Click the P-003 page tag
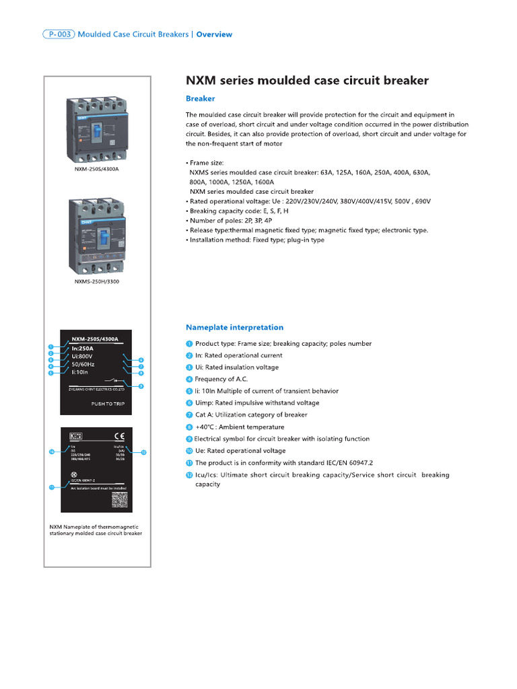pos(58,34)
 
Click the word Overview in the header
pos(214,34)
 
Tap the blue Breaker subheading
pos(200,98)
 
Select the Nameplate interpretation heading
pos(234,327)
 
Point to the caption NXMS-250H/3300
pos(97,283)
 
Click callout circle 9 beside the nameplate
pos(141,386)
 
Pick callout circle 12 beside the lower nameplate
pos(143,452)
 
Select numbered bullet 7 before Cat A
pos(189,414)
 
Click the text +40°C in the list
pos(206,427)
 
